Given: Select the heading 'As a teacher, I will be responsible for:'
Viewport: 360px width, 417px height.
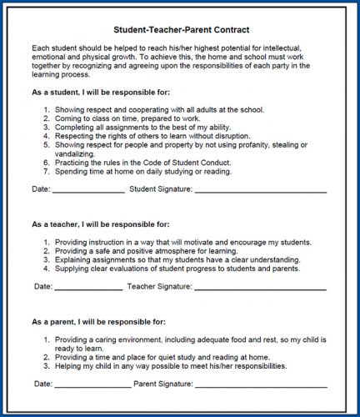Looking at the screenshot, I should tap(101, 224).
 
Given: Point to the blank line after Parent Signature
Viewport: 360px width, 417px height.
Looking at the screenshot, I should tap(260, 384).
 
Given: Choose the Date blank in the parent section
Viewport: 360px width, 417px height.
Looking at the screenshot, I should tap(92, 384).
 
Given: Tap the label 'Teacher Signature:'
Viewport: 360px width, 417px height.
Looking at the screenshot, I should tap(158, 286).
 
